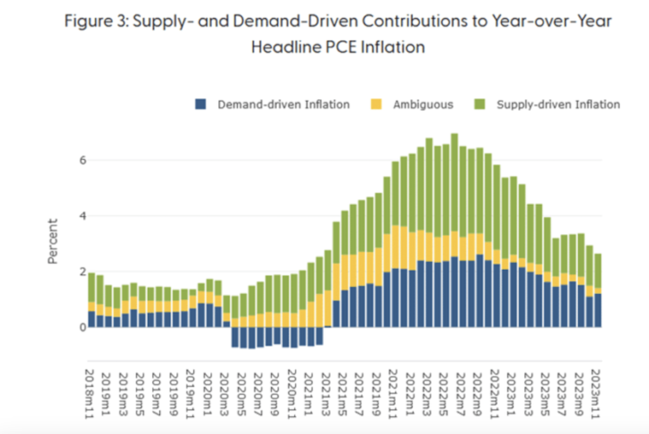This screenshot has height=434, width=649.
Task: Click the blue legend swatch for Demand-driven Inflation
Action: pos(201,105)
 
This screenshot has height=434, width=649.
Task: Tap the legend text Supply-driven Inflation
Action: pos(558,105)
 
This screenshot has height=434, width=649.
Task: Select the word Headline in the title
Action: pos(291,48)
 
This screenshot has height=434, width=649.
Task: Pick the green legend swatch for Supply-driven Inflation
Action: pos(482,105)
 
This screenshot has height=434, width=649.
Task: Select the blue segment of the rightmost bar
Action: pos(599,310)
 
